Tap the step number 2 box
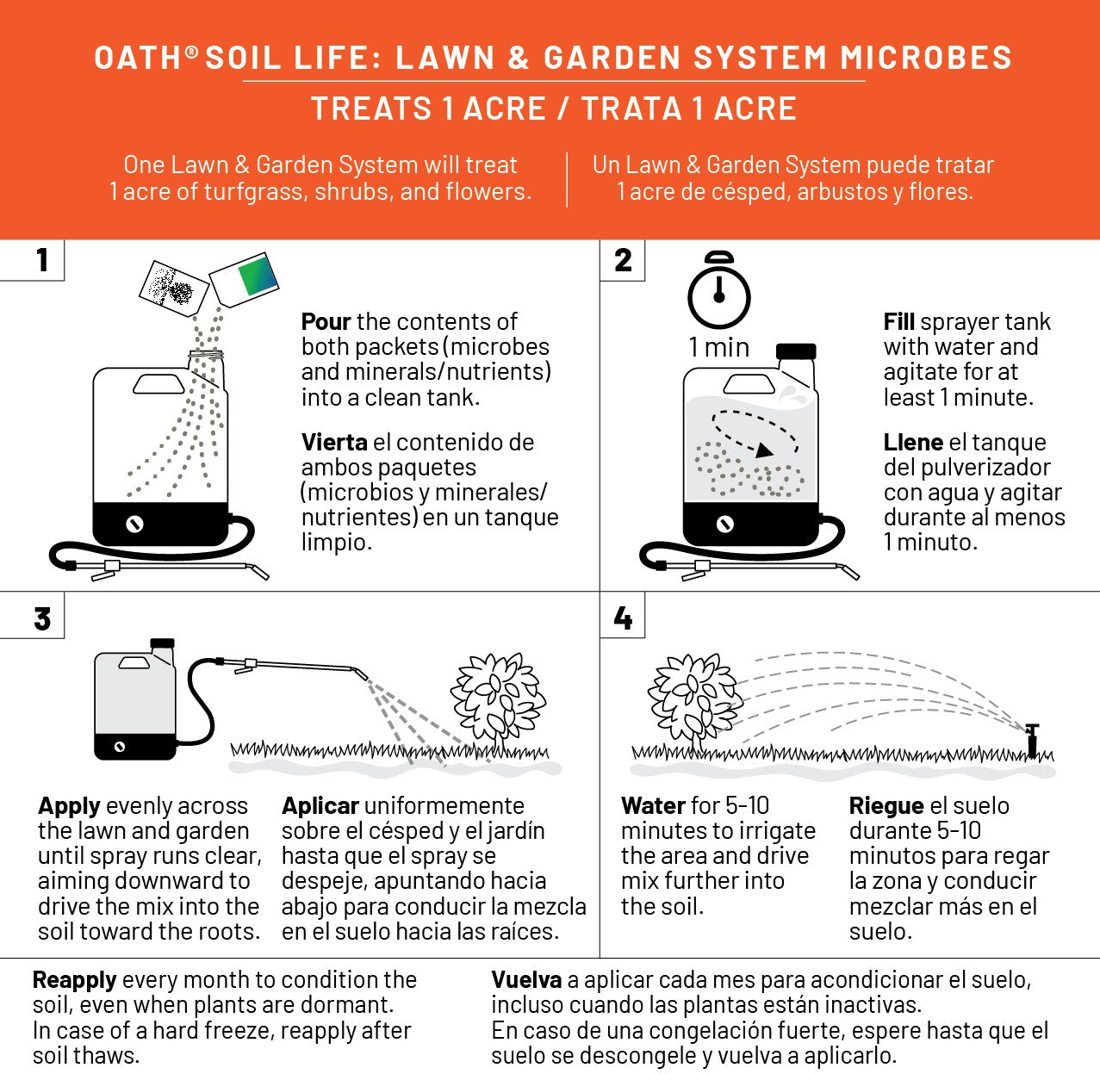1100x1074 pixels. pos(623,260)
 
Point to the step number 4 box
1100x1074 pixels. pos(623,618)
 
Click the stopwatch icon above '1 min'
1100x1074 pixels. pos(718,293)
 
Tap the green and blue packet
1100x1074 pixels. pos(246,278)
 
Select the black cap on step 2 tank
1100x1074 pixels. pos(796,351)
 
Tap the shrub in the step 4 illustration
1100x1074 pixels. pos(693,696)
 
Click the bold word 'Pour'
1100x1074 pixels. pos(326,322)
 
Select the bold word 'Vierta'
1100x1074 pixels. pos(334,443)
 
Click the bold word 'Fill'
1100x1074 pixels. pos(898,322)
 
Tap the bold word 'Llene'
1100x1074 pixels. pos(913,443)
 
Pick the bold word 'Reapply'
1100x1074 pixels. pos(74,980)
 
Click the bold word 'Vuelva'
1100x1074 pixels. pos(526,980)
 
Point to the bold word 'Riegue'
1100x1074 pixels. pos(886,806)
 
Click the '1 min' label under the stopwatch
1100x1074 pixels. pos(718,347)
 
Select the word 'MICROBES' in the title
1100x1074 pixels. pos(926,59)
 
